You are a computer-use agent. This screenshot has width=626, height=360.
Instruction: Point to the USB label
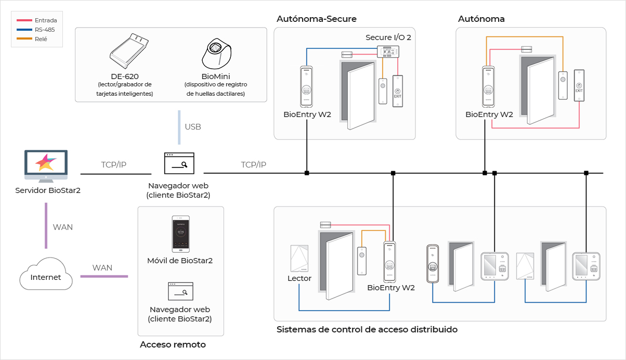tap(193, 127)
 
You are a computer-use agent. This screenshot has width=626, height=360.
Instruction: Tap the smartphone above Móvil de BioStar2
tap(181, 234)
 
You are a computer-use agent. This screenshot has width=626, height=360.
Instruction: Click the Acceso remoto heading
tap(173, 345)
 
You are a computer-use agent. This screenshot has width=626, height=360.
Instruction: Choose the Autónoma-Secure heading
tap(317, 19)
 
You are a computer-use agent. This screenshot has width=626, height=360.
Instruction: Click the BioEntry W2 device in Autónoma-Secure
tap(307, 86)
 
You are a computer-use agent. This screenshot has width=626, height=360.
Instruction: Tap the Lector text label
tap(299, 278)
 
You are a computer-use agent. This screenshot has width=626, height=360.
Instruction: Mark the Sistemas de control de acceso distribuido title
tap(367, 329)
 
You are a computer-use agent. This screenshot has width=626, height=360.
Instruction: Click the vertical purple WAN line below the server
tap(46, 226)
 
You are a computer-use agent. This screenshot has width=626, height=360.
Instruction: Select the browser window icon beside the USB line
tap(179, 163)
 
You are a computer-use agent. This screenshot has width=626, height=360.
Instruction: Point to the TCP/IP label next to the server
tap(114, 165)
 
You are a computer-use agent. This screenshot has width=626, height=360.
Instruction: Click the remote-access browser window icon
tap(180, 291)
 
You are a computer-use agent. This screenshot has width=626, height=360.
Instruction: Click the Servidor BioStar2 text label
tap(48, 190)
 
